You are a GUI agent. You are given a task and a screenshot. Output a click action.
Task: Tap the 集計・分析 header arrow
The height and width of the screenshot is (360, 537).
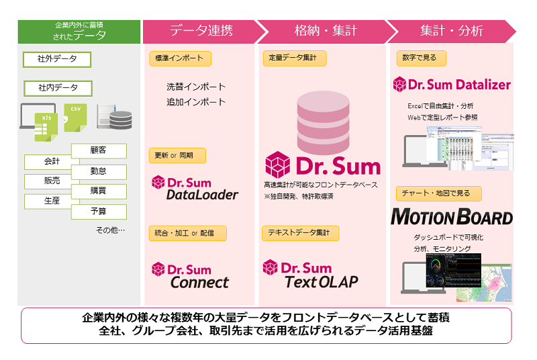[451, 31]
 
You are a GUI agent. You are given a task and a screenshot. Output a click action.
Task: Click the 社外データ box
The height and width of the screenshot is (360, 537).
[57, 59]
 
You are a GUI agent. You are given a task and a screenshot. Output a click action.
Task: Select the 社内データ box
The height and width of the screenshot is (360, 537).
[57, 87]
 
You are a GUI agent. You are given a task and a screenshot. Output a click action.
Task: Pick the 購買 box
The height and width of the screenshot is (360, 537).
[98, 191]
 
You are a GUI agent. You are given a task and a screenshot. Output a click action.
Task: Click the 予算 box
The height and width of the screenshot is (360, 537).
[98, 211]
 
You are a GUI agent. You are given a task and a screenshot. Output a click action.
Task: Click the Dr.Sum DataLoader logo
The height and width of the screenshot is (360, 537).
[195, 187]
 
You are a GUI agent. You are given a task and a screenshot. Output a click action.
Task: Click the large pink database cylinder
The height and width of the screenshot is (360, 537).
[322, 122]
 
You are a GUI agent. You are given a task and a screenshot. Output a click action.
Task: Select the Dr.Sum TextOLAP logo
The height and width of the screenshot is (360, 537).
[311, 274]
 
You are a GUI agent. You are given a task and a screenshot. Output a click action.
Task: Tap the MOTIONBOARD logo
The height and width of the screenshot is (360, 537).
[451, 217]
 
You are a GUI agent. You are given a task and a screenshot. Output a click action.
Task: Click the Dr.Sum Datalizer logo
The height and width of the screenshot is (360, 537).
[451, 85]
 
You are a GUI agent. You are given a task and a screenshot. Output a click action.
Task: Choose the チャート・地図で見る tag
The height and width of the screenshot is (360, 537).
[436, 193]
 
